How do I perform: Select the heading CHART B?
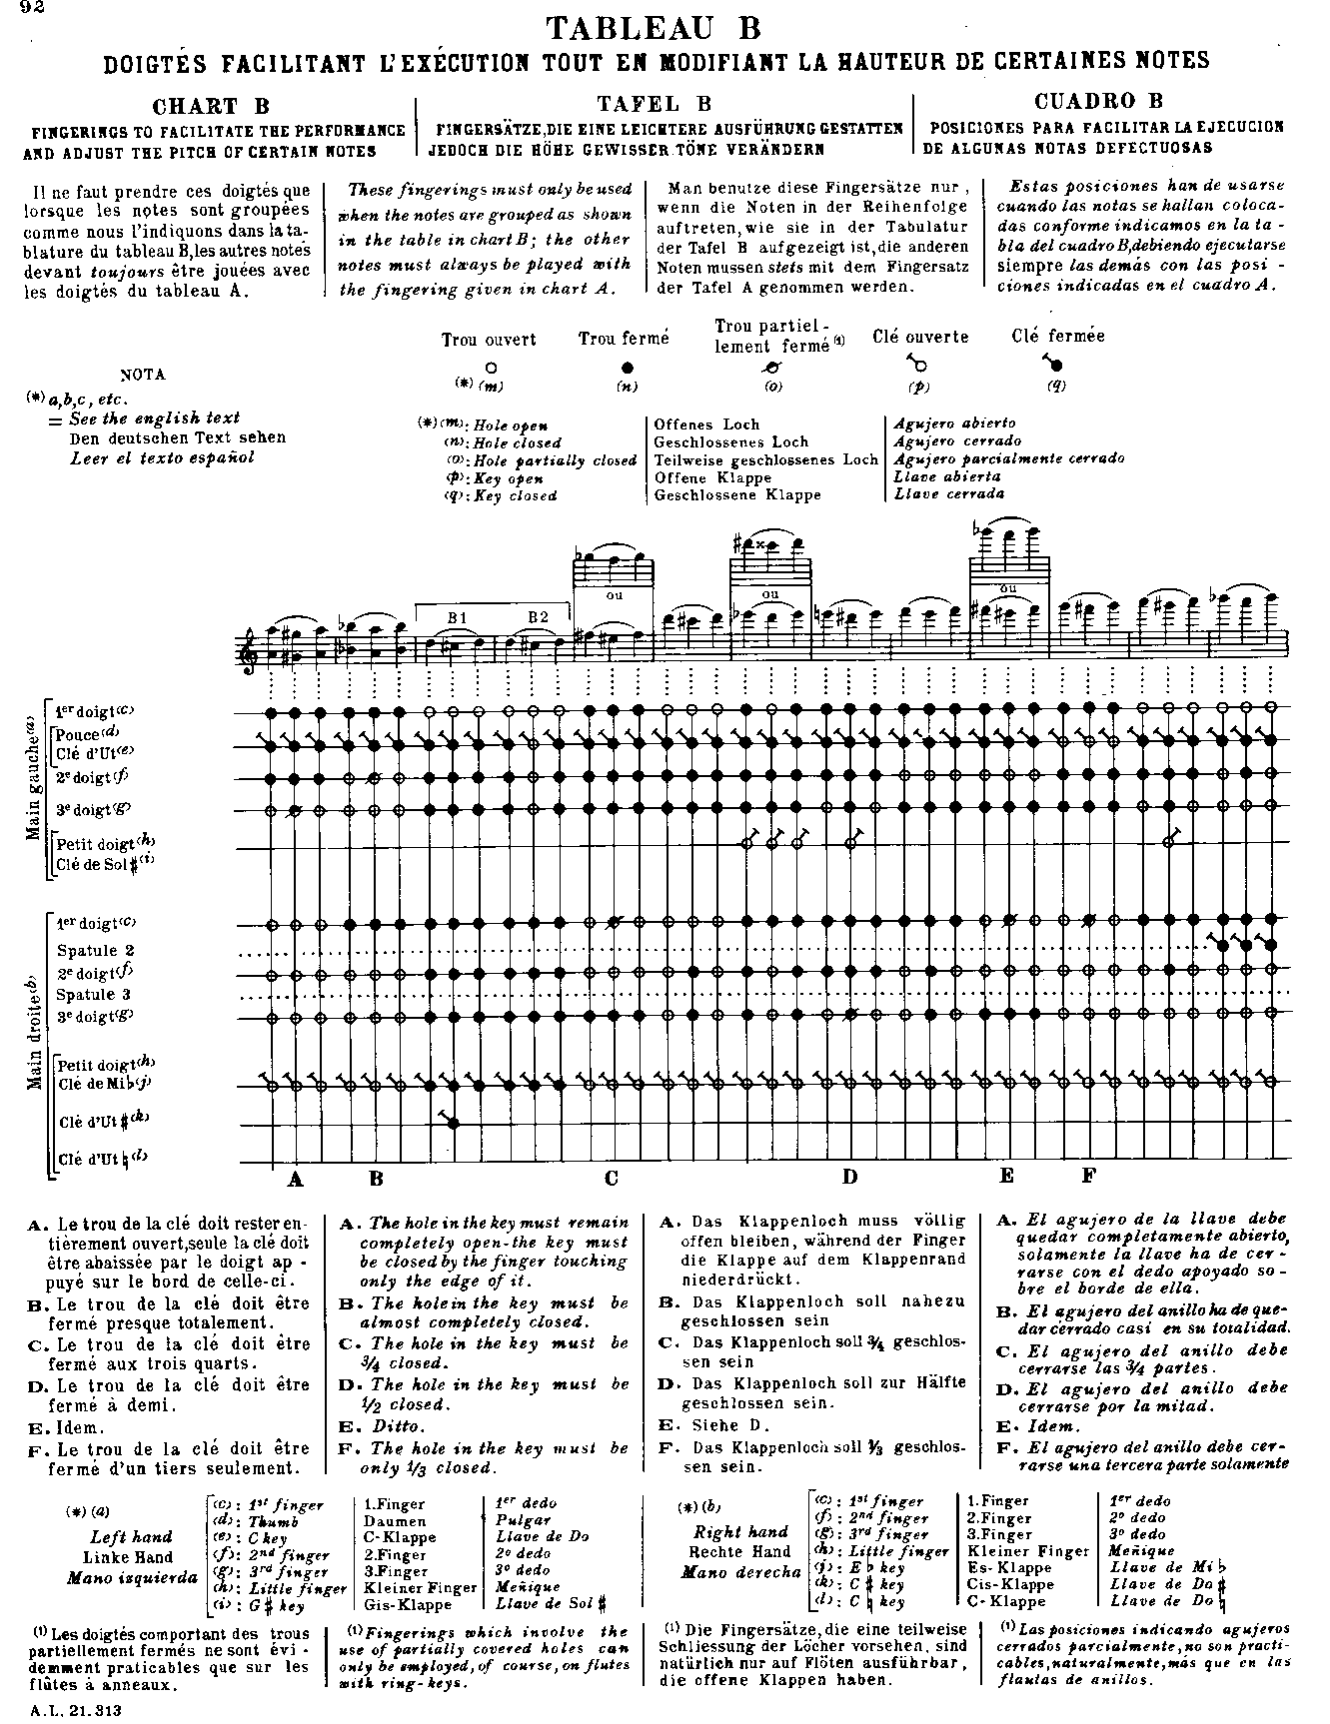click(x=211, y=107)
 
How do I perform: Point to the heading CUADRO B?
click(x=1099, y=101)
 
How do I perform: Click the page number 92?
click(x=17, y=9)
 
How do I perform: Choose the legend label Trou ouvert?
click(x=489, y=341)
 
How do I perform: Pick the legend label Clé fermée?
click(x=1057, y=337)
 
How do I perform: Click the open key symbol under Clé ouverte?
click(x=916, y=365)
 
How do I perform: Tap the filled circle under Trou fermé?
click(x=627, y=368)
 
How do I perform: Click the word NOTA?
click(x=142, y=376)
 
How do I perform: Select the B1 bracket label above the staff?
click(x=458, y=617)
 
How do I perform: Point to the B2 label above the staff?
click(x=539, y=617)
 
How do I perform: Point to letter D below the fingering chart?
click(x=849, y=1177)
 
